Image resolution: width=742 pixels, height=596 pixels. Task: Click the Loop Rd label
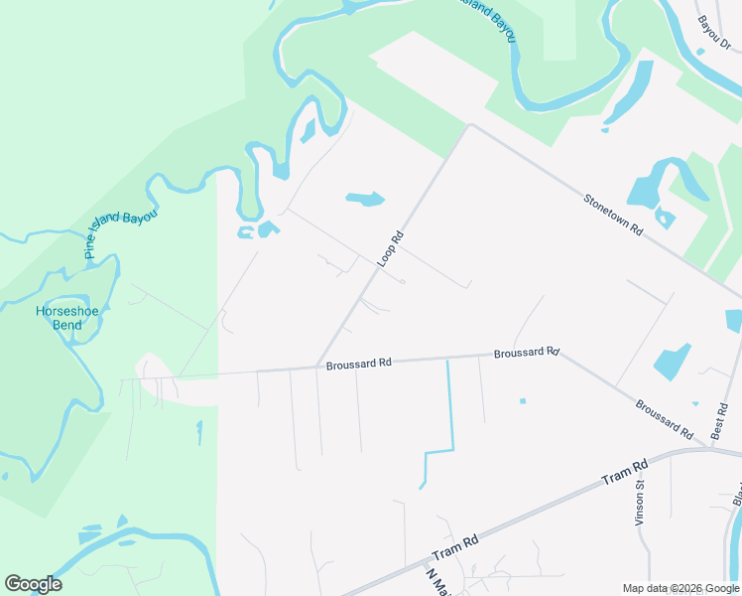tap(391, 249)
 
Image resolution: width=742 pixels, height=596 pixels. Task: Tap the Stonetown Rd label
tap(614, 215)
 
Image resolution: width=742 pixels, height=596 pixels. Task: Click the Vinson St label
tap(640, 504)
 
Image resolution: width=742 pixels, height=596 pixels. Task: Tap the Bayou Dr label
tap(713, 34)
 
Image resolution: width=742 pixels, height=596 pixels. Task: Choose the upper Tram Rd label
tap(624, 472)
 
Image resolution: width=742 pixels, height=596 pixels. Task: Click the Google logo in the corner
tap(33, 584)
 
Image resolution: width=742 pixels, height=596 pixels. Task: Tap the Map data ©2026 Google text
tap(680, 588)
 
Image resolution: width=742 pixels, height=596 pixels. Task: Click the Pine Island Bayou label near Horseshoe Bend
tap(121, 234)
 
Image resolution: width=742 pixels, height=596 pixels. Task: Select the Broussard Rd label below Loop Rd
tap(359, 365)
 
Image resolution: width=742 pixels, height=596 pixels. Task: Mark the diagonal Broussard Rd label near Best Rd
tap(664, 420)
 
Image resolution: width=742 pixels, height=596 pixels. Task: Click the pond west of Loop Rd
tap(365, 199)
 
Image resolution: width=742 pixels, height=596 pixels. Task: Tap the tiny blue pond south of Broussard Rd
tap(522, 401)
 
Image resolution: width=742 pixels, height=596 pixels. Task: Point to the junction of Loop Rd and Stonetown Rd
tap(470, 126)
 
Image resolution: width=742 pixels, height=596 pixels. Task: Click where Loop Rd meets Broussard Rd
tap(317, 366)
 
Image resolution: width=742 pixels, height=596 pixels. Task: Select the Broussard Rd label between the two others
tap(527, 353)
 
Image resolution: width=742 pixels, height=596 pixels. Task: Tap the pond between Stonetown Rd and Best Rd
tap(673, 362)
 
